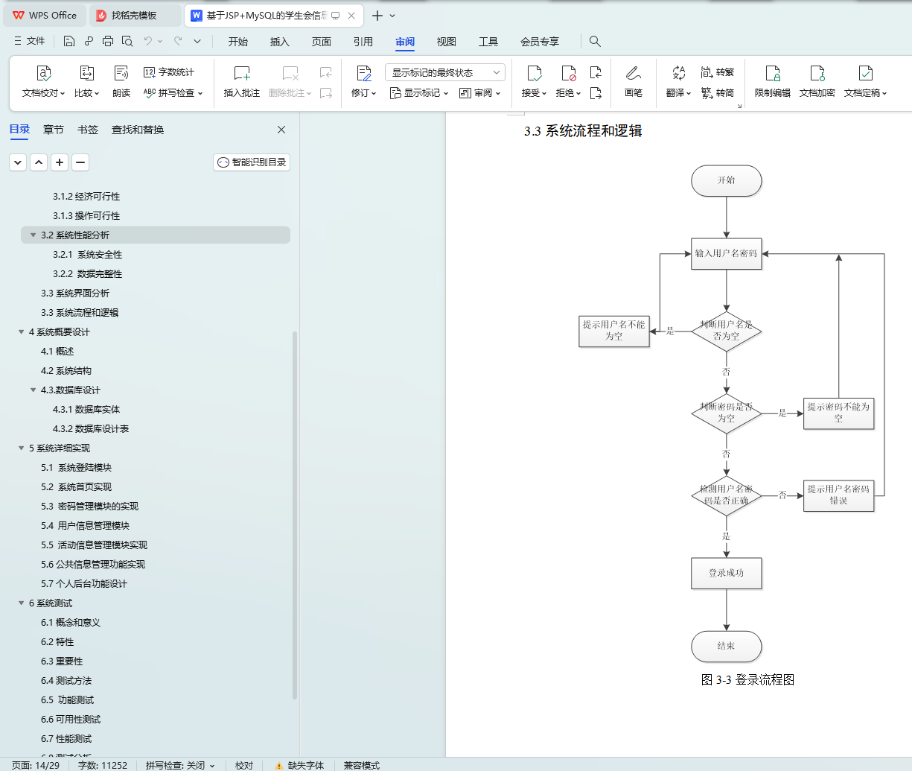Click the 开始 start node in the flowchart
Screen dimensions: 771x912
click(x=726, y=180)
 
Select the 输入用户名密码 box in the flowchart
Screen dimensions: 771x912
click(x=726, y=253)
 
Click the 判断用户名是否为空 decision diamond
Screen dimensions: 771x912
click(x=726, y=331)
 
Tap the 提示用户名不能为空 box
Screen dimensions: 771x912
click(x=614, y=331)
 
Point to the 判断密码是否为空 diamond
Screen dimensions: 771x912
click(x=726, y=413)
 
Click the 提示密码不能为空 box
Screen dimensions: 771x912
click(x=838, y=413)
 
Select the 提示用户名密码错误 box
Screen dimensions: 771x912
click(x=838, y=495)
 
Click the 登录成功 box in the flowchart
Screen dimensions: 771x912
click(x=726, y=573)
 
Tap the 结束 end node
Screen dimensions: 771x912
click(x=726, y=646)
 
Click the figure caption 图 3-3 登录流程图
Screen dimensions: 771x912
click(x=747, y=679)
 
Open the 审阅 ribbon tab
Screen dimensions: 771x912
click(x=405, y=42)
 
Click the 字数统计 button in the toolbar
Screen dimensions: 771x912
click(x=169, y=72)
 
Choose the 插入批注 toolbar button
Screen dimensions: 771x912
click(x=242, y=80)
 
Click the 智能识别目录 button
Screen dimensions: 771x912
click(x=252, y=162)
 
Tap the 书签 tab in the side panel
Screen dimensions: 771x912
click(x=88, y=130)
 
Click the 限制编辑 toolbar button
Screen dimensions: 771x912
click(x=773, y=80)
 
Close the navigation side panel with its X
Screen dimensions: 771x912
click(x=281, y=130)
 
